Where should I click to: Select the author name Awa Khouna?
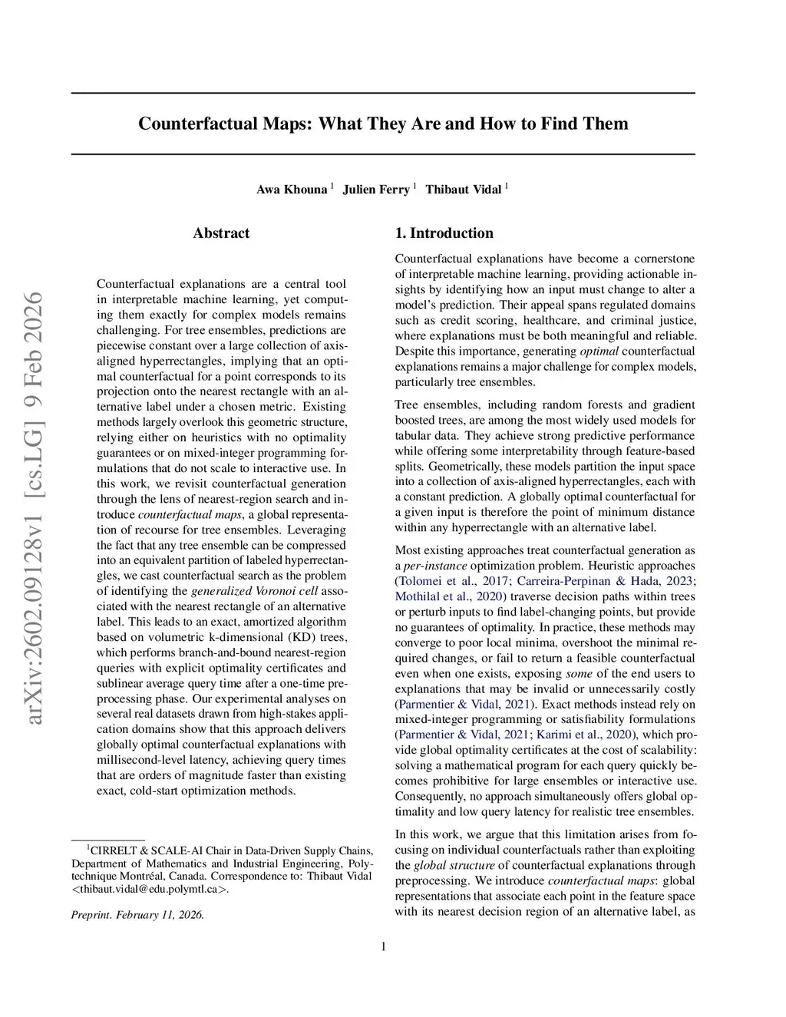(292, 190)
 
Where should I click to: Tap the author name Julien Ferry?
(376, 190)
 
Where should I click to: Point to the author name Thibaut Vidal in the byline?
(464, 190)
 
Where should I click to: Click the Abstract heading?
(221, 233)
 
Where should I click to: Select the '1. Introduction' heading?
(444, 233)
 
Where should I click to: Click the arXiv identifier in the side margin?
(34, 507)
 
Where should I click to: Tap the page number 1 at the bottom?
(383, 946)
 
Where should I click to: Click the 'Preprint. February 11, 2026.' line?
(137, 915)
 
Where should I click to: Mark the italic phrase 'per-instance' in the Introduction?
(434, 566)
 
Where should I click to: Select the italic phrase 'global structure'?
(454, 865)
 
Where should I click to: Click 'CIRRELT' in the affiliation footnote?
(115, 850)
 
